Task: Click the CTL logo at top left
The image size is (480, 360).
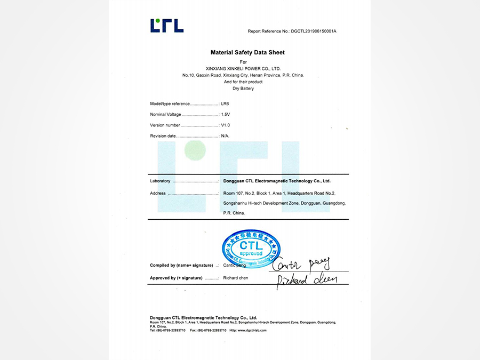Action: coord(167,26)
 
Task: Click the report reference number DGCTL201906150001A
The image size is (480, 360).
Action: coord(314,31)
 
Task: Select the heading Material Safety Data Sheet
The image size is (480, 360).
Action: coord(247,52)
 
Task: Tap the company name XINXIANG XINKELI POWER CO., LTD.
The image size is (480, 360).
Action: coord(243,69)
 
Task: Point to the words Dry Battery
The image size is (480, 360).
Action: coord(243,89)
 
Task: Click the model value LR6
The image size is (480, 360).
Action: coord(225,104)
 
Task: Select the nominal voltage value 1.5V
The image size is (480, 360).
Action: coord(226,115)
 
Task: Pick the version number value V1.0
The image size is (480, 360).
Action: coord(226,125)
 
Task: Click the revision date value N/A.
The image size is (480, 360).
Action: coord(225,136)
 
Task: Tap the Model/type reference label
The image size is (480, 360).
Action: coord(170,104)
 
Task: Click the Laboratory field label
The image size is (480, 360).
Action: coord(160,181)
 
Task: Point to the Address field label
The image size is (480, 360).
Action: coord(158,193)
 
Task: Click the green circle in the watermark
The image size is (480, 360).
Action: coord(195,150)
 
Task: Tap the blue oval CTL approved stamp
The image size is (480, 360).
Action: coord(251,249)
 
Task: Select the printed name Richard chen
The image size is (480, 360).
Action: coord(236,278)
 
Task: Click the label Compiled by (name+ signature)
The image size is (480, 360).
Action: coord(181,265)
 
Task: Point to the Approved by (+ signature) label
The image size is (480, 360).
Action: coord(176,278)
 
